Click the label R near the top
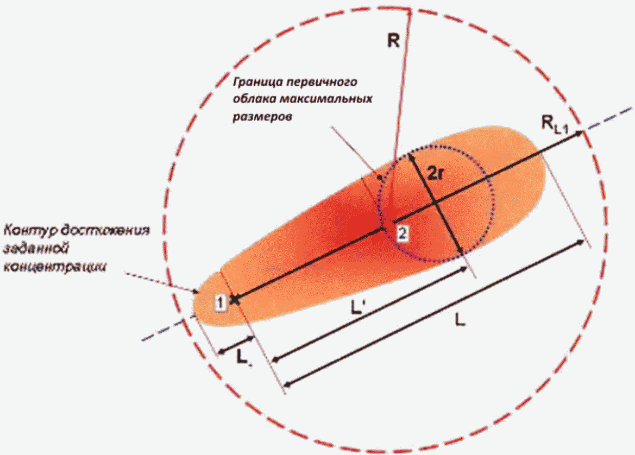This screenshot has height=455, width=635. point(393,41)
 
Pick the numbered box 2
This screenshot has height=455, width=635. point(402,234)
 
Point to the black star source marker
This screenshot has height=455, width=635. point(234,298)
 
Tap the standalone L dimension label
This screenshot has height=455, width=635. point(460,321)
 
